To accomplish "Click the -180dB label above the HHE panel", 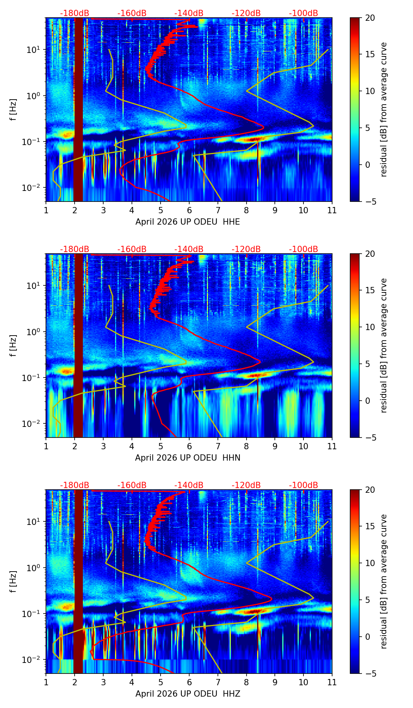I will click(x=75, y=13).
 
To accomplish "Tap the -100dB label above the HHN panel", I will click(x=303, y=249).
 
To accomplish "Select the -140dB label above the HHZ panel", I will click(x=189, y=485).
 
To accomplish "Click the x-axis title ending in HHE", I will click(x=188, y=222).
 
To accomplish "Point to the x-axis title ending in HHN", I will click(x=188, y=458).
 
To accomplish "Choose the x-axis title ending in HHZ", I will click(x=188, y=694).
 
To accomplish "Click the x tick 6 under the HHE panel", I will click(x=189, y=210).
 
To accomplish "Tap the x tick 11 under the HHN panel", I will click(x=332, y=446).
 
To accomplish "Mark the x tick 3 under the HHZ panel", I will click(x=103, y=682).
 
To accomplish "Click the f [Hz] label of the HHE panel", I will click(x=13, y=110).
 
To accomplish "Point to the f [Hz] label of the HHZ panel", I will click(x=13, y=582).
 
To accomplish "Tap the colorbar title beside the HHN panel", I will click(x=384, y=345).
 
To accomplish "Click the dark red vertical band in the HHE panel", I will click(x=79, y=110).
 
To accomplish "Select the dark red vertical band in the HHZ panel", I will click(x=79, y=582).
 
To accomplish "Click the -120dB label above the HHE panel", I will click(x=246, y=13).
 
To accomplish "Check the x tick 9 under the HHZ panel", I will click(x=275, y=682).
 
